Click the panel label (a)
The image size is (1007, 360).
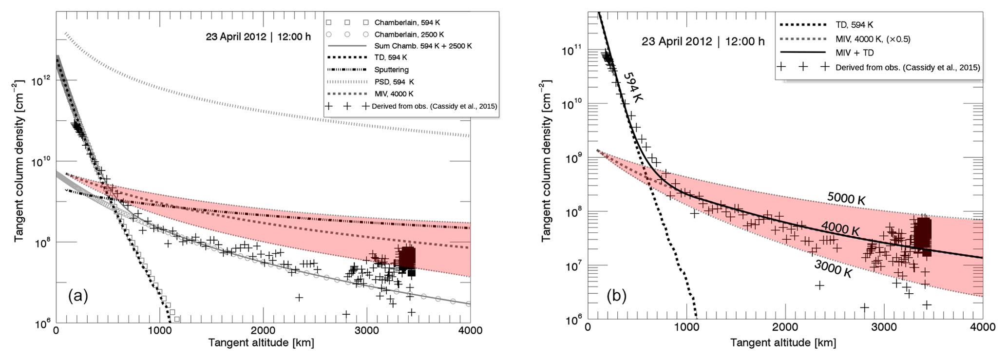click(78, 296)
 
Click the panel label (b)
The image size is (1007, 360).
click(615, 296)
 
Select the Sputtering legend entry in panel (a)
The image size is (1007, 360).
click(391, 70)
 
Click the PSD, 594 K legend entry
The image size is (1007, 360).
click(394, 82)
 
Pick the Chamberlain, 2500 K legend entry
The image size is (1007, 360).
click(409, 35)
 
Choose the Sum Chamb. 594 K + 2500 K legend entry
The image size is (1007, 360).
click(423, 46)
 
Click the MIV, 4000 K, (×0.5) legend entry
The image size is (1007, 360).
click(873, 39)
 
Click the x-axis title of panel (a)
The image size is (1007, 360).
click(261, 343)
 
